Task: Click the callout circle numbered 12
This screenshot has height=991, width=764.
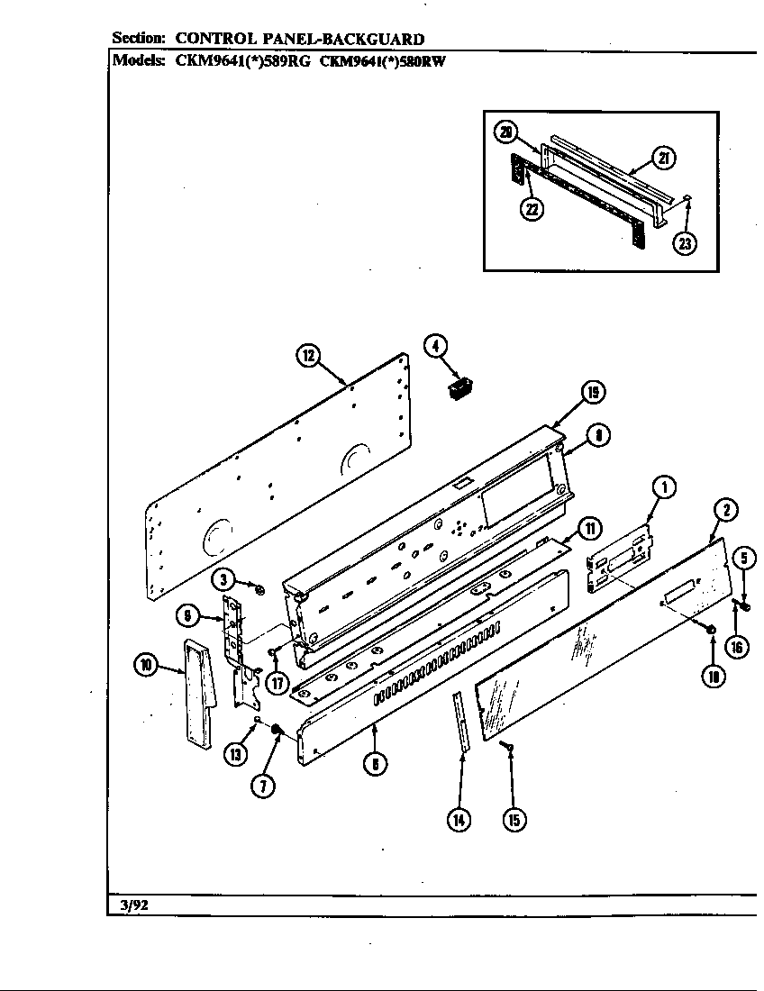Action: pos(308,356)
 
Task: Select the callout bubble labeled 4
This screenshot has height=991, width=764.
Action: pos(435,346)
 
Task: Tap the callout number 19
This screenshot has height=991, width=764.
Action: pos(592,393)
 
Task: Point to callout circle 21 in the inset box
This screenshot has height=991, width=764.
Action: pos(663,159)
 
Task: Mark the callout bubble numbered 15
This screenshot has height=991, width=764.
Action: pos(514,819)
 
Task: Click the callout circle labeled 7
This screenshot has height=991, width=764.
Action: pos(263,785)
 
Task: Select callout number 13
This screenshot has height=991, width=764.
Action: pos(233,754)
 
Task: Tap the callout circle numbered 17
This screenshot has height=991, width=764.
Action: pos(277,682)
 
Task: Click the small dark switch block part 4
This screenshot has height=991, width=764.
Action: pos(460,388)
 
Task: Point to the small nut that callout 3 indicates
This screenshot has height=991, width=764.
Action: pos(259,590)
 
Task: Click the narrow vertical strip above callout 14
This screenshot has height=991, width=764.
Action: pos(461,721)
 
